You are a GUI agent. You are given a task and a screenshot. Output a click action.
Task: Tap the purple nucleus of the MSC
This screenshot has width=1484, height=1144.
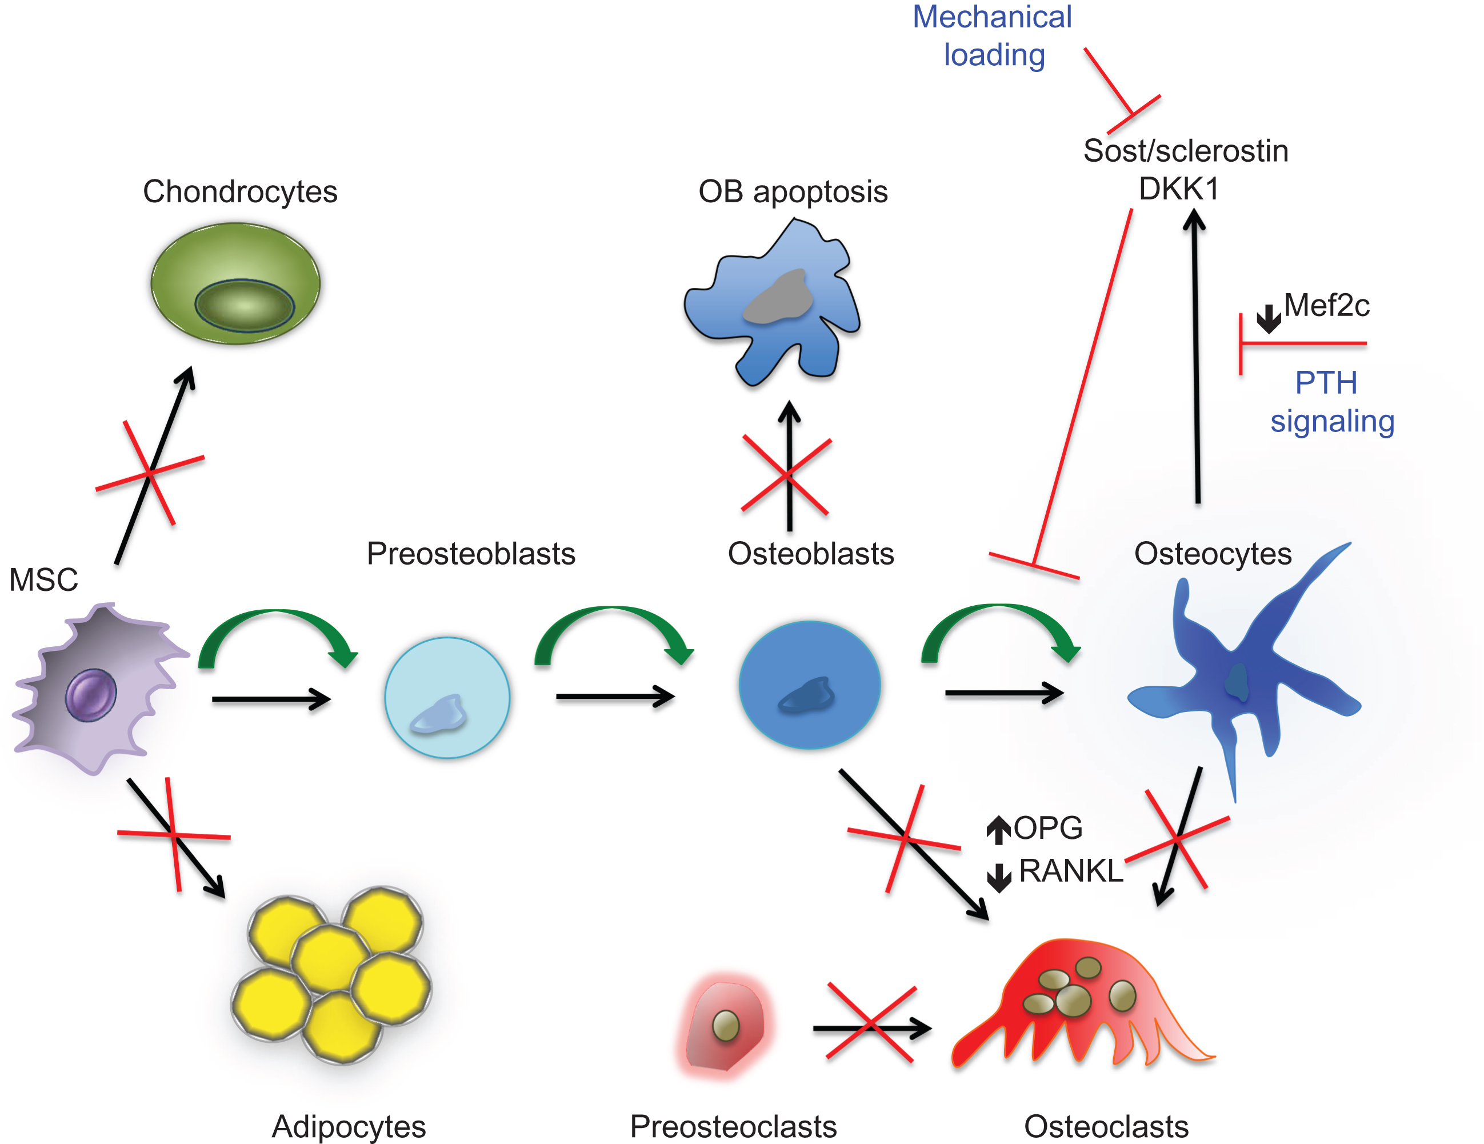click(91, 694)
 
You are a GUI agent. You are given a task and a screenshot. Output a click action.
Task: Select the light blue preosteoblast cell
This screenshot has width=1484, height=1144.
click(447, 697)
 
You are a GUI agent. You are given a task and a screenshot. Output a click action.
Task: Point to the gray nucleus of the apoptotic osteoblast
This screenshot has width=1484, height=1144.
click(779, 298)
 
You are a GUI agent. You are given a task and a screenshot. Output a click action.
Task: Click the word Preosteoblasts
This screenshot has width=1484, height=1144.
click(471, 554)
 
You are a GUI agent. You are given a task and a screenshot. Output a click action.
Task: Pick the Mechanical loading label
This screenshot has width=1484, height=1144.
click(992, 36)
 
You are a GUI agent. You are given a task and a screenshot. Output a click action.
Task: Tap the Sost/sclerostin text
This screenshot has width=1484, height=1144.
click(1186, 151)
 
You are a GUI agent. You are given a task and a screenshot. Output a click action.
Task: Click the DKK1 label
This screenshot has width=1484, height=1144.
click(1179, 189)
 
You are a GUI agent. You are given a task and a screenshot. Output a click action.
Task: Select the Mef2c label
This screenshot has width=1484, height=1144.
click(1326, 306)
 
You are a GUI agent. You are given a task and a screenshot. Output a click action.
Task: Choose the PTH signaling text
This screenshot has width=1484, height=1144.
click(1332, 402)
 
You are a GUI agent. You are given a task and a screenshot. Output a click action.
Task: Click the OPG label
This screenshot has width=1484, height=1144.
click(1048, 828)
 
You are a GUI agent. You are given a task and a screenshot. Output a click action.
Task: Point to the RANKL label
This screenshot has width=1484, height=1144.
click(1071, 871)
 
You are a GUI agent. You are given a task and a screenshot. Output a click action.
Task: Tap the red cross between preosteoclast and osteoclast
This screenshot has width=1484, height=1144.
click(870, 1023)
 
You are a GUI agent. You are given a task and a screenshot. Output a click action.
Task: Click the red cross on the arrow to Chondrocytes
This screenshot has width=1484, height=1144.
click(150, 472)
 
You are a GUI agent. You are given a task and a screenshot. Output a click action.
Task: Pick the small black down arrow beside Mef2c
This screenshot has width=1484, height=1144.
click(1268, 318)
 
